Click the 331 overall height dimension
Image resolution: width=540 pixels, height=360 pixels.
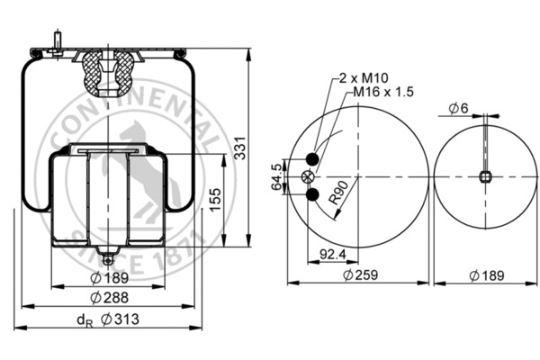click(240, 155)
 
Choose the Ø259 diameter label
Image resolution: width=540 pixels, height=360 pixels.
click(359, 274)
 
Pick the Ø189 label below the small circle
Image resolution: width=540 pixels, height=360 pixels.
click(486, 274)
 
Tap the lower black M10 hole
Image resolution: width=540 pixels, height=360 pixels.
click(312, 195)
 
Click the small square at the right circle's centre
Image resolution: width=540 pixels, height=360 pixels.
click(486, 176)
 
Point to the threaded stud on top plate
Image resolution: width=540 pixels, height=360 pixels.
click(57, 44)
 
